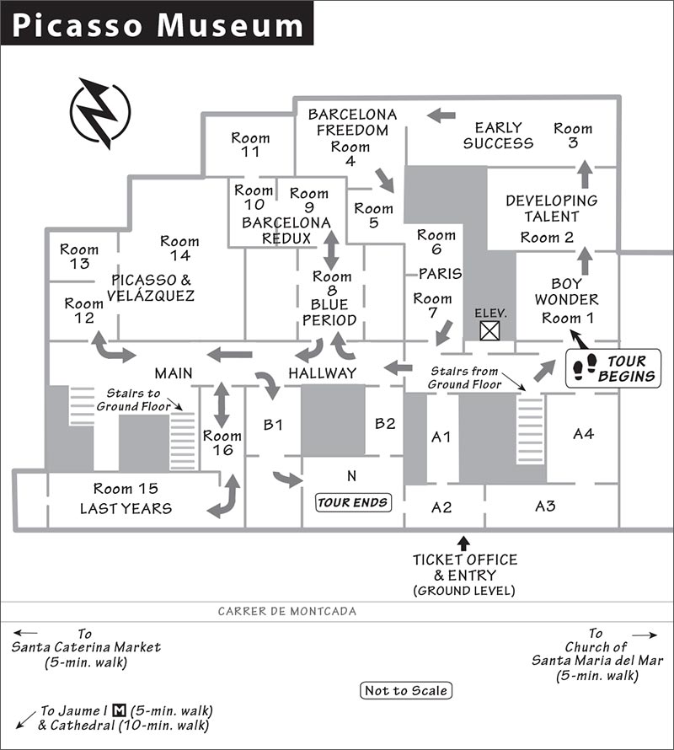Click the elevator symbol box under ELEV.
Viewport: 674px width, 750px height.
pos(489,330)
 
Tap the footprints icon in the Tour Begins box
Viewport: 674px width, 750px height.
pos(585,367)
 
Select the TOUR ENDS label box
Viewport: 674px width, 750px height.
pos(353,502)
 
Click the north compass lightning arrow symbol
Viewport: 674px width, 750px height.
pos(99,114)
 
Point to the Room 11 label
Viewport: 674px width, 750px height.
pos(250,145)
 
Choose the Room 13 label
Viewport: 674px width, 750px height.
pos(79,256)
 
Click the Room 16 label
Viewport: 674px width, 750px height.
pos(222,443)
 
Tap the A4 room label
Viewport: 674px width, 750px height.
pos(584,434)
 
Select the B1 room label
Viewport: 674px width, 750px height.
pos(273,425)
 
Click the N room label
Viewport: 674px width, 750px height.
pos(351,476)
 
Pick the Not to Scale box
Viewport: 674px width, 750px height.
pos(405,690)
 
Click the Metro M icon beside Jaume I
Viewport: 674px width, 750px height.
pos(119,710)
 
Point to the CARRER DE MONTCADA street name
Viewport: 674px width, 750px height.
pos(287,611)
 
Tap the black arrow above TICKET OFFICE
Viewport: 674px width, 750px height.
pos(463,544)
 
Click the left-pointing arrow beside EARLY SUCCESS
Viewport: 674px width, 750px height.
pos(441,115)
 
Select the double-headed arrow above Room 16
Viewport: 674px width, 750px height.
pos(221,404)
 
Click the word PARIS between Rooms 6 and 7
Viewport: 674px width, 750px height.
pos(441,274)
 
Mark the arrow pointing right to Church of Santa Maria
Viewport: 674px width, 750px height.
pos(645,635)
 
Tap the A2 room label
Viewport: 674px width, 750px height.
pos(441,507)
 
